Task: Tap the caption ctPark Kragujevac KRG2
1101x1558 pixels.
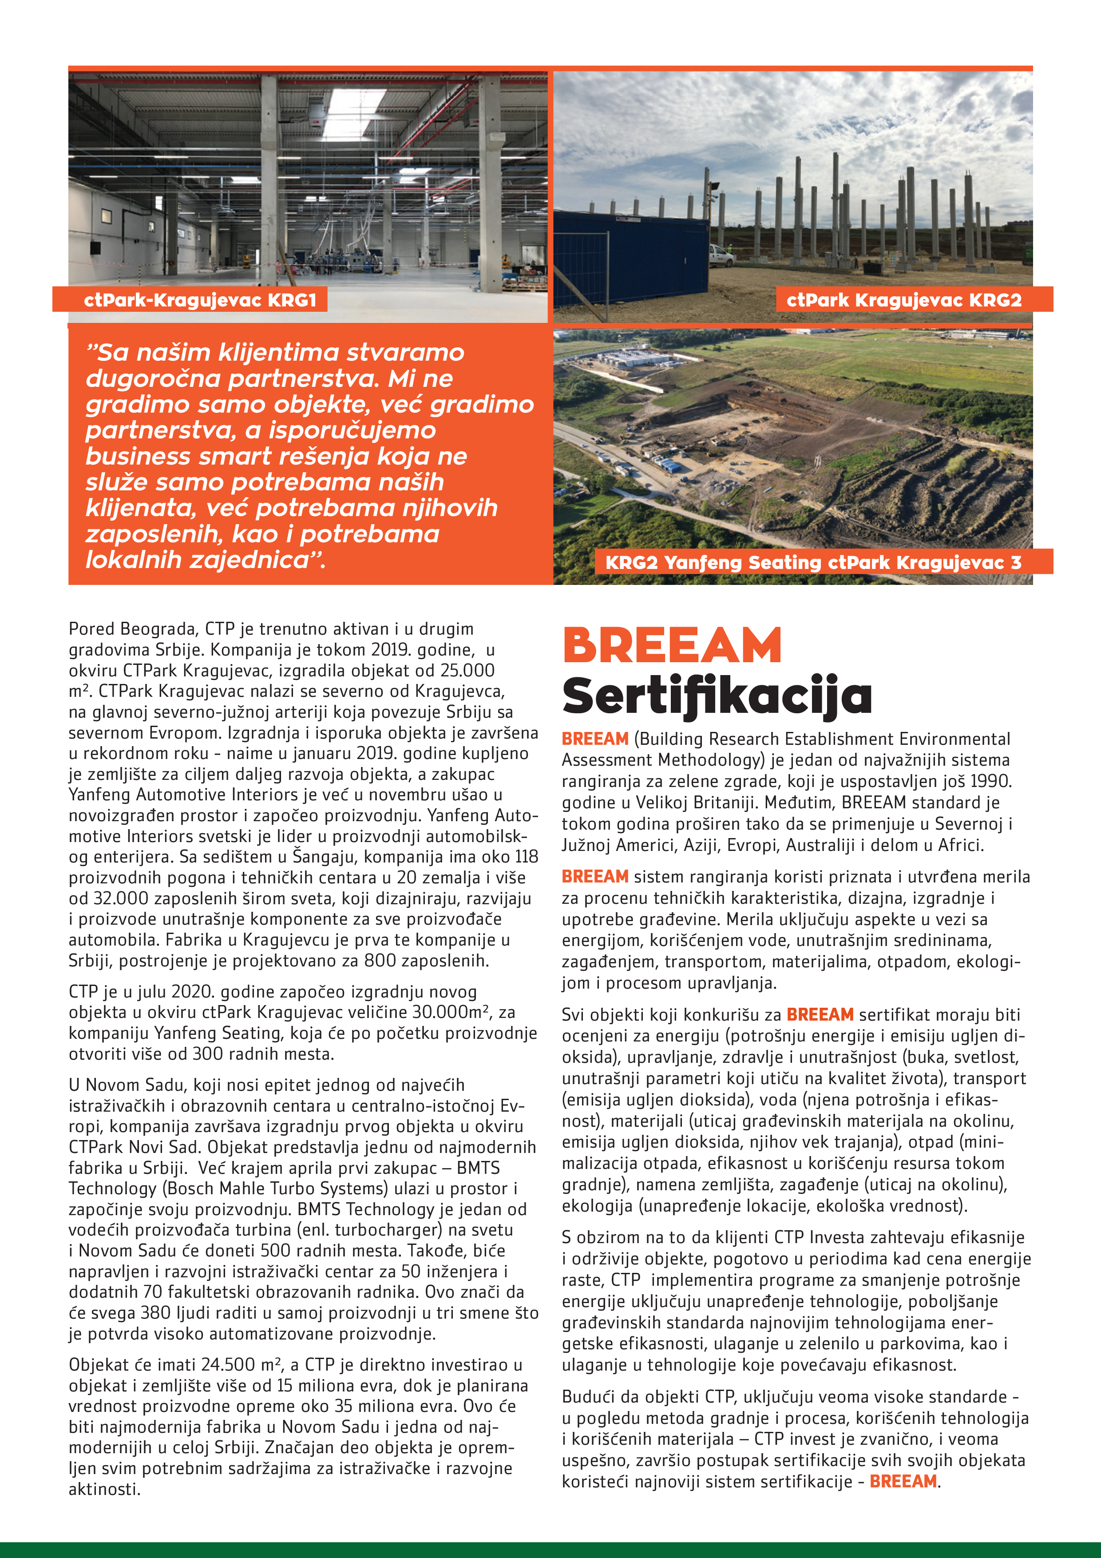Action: click(x=903, y=300)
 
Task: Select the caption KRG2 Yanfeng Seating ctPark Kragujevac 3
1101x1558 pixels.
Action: click(x=813, y=563)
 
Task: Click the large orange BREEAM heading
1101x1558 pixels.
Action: click(x=672, y=645)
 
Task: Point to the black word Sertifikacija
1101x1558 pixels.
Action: click(x=717, y=696)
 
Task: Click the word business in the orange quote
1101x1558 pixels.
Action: click(x=138, y=457)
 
